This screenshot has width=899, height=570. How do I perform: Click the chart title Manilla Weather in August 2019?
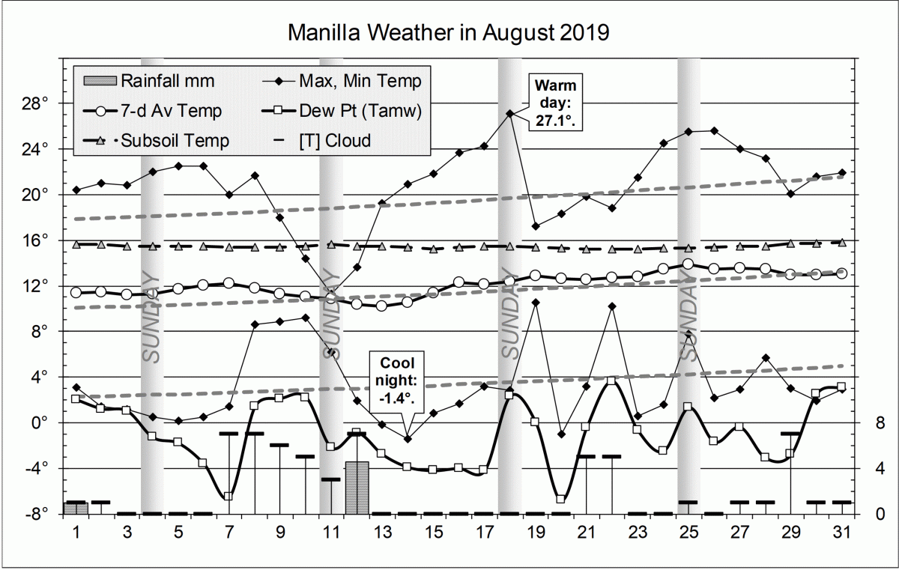pyautogui.click(x=449, y=33)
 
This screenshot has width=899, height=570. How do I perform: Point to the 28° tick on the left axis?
pyautogui.click(x=35, y=103)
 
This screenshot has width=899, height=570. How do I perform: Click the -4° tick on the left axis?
pyautogui.click(x=35, y=468)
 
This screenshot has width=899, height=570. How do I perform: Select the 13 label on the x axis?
pyautogui.click(x=383, y=532)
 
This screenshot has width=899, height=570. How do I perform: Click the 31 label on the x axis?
pyautogui.click(x=841, y=532)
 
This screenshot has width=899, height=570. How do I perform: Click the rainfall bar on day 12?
pyautogui.click(x=357, y=488)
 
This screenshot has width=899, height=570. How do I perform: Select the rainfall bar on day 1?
pyautogui.click(x=76, y=508)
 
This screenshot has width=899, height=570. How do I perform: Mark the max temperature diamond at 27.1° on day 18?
pyautogui.click(x=510, y=114)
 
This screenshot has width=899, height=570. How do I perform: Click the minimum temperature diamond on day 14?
pyautogui.click(x=408, y=439)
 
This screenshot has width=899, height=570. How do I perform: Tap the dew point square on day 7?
pyautogui.click(x=228, y=497)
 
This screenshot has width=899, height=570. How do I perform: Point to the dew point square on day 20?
pyautogui.click(x=560, y=499)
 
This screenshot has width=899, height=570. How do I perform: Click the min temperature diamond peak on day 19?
pyautogui.click(x=536, y=303)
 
